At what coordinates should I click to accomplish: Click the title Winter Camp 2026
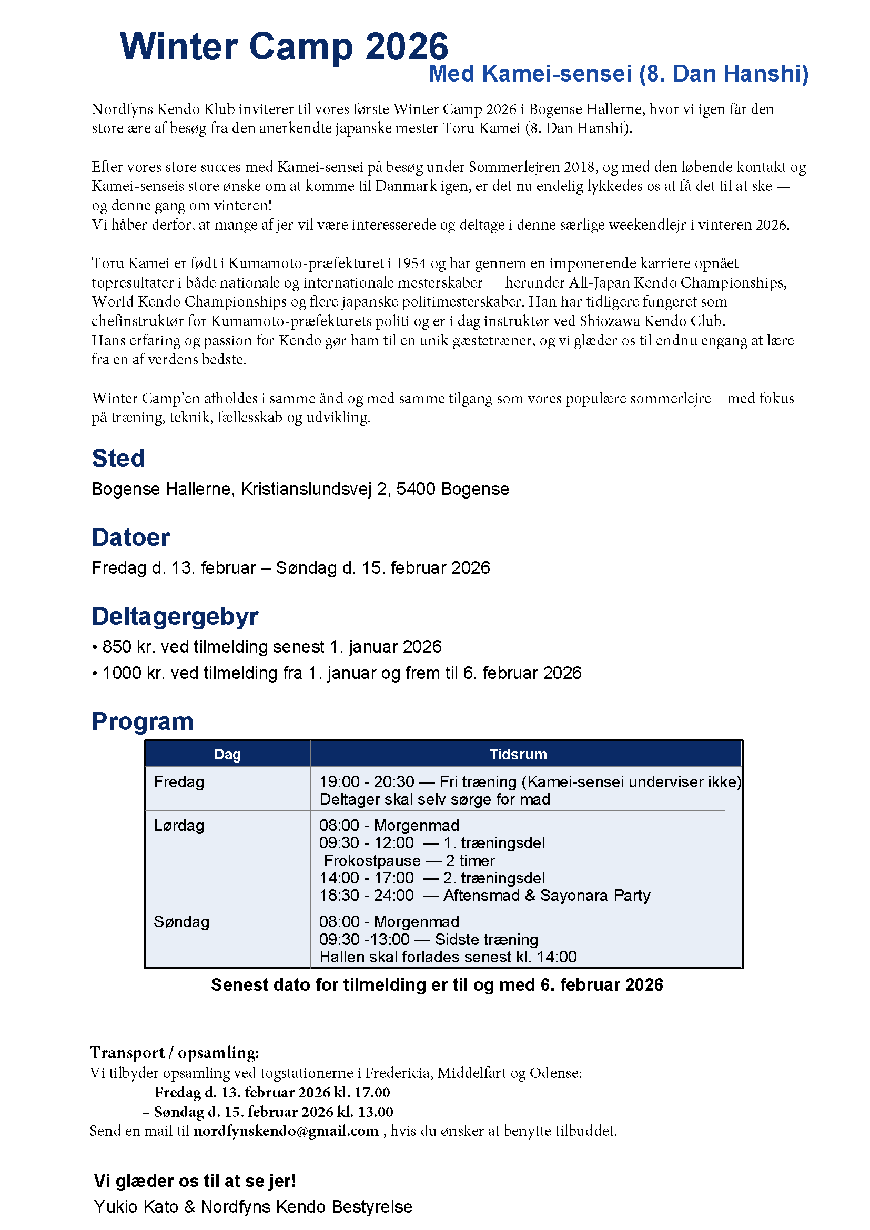(x=284, y=47)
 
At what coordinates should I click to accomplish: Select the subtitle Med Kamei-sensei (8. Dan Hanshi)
(x=618, y=74)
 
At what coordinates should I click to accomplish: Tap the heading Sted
(x=118, y=459)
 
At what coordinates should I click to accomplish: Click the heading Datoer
(x=131, y=537)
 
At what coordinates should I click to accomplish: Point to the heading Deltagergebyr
(x=175, y=616)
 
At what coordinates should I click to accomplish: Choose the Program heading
(x=143, y=721)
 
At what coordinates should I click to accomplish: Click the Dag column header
(x=228, y=754)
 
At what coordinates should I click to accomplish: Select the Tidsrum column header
(x=518, y=754)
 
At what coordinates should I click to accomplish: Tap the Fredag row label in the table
(x=179, y=782)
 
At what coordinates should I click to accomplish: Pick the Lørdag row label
(x=179, y=826)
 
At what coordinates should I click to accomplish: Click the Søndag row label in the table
(x=181, y=922)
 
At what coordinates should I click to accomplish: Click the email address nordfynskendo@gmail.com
(x=286, y=1131)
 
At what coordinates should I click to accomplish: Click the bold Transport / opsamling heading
(x=175, y=1052)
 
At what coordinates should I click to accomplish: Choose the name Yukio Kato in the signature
(x=136, y=1206)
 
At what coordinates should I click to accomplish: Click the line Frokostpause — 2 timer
(x=409, y=861)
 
